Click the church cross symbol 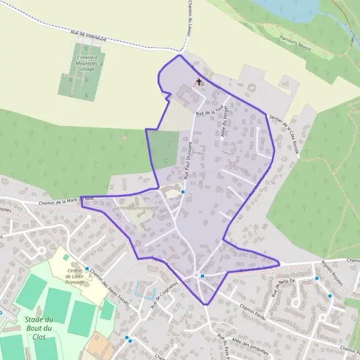199,81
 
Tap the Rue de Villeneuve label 88,37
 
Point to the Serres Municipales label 134,208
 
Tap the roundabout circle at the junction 196,275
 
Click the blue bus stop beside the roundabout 203,276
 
